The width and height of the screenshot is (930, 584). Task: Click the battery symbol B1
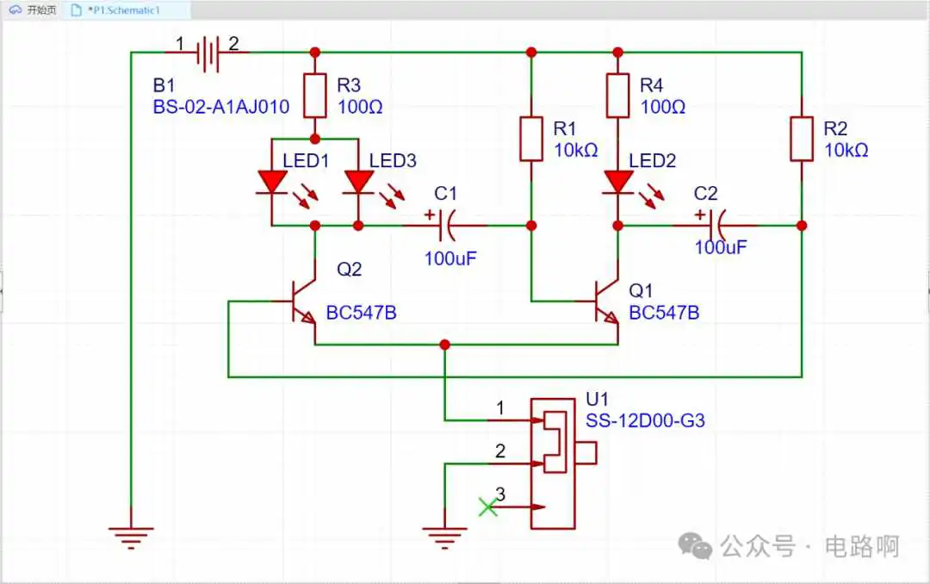tap(208, 53)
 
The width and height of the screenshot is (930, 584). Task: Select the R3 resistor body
tap(315, 96)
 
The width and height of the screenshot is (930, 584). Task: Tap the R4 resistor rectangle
tap(617, 96)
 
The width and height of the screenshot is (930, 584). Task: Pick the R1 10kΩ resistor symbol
tap(530, 139)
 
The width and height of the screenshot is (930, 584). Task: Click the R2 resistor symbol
tap(802, 139)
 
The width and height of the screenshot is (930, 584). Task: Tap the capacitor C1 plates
tap(449, 226)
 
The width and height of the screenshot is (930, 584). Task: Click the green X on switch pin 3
tap(487, 506)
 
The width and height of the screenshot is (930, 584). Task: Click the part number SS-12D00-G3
tap(645, 421)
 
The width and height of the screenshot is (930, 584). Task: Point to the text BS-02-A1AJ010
tap(221, 107)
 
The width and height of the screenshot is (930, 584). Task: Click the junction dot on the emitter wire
tap(445, 345)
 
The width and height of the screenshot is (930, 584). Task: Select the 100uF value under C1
tap(450, 258)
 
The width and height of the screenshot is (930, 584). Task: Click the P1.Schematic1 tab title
tap(124, 10)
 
